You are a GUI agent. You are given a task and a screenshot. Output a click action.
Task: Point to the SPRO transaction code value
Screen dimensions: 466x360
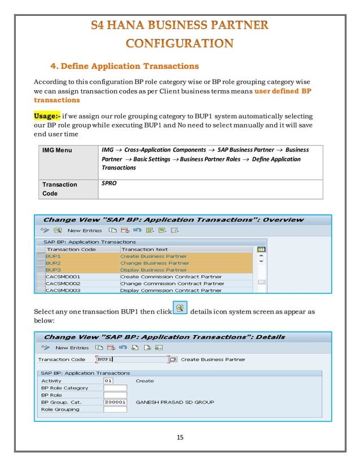pyautogui.click(x=109, y=184)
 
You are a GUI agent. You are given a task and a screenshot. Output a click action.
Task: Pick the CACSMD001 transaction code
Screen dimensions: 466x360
pyautogui.click(x=63, y=276)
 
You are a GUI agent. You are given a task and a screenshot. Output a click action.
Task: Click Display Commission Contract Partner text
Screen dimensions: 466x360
pyautogui.click(x=171, y=290)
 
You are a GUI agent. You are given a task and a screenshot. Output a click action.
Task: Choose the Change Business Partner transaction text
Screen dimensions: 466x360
pyautogui.click(x=155, y=263)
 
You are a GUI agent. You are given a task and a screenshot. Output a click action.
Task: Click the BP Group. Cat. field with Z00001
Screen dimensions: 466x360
pyautogui.click(x=115, y=402)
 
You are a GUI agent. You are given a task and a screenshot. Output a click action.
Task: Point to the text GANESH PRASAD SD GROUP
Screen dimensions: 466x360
pyautogui.click(x=175, y=402)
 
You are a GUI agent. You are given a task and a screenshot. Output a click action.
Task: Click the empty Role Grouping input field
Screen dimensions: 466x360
pyautogui.click(x=115, y=409)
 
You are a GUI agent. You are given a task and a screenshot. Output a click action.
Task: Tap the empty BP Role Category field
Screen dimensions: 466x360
pyautogui.click(x=115, y=388)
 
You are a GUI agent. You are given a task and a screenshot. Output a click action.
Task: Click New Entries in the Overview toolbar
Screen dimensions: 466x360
pyautogui.click(x=85, y=230)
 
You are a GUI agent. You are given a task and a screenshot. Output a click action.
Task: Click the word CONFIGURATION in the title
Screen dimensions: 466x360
pyautogui.click(x=179, y=43)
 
